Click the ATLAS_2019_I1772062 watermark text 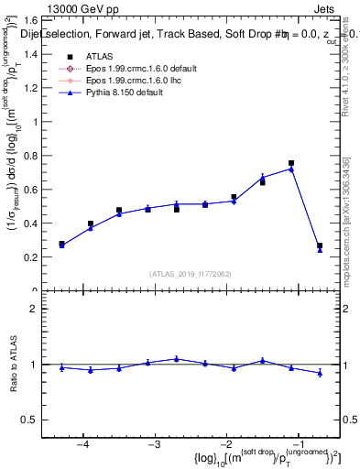click(x=190, y=274)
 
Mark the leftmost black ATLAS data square click(x=61, y=244)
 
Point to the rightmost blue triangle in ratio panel click(x=320, y=373)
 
